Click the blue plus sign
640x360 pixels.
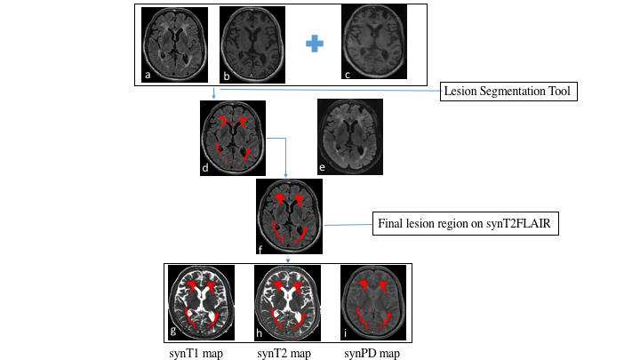[x=313, y=43]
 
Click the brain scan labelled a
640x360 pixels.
[x=175, y=44]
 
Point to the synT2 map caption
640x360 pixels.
[x=284, y=353]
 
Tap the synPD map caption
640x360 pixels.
[x=372, y=353]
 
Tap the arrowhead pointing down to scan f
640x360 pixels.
[x=285, y=176]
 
